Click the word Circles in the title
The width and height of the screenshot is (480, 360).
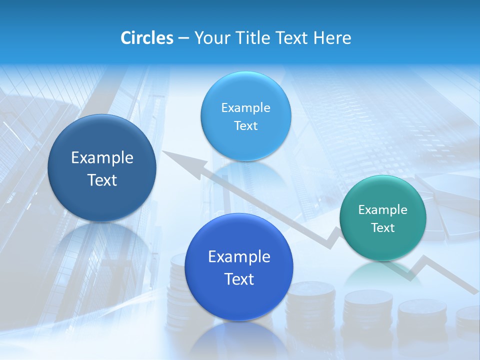point(147,38)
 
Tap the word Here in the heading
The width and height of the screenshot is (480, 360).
point(332,38)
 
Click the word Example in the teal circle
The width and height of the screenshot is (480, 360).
point(383,210)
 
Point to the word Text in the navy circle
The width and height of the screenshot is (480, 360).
point(102,180)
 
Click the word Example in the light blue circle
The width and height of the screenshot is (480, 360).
point(246,108)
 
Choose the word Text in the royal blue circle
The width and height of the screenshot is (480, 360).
point(239,279)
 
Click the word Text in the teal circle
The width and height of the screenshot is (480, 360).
point(383,228)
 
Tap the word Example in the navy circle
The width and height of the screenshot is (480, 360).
point(102,158)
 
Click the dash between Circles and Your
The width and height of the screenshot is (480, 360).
point(183,38)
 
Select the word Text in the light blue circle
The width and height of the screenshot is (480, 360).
point(246,126)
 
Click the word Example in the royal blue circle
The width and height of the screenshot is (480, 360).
point(239,257)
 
